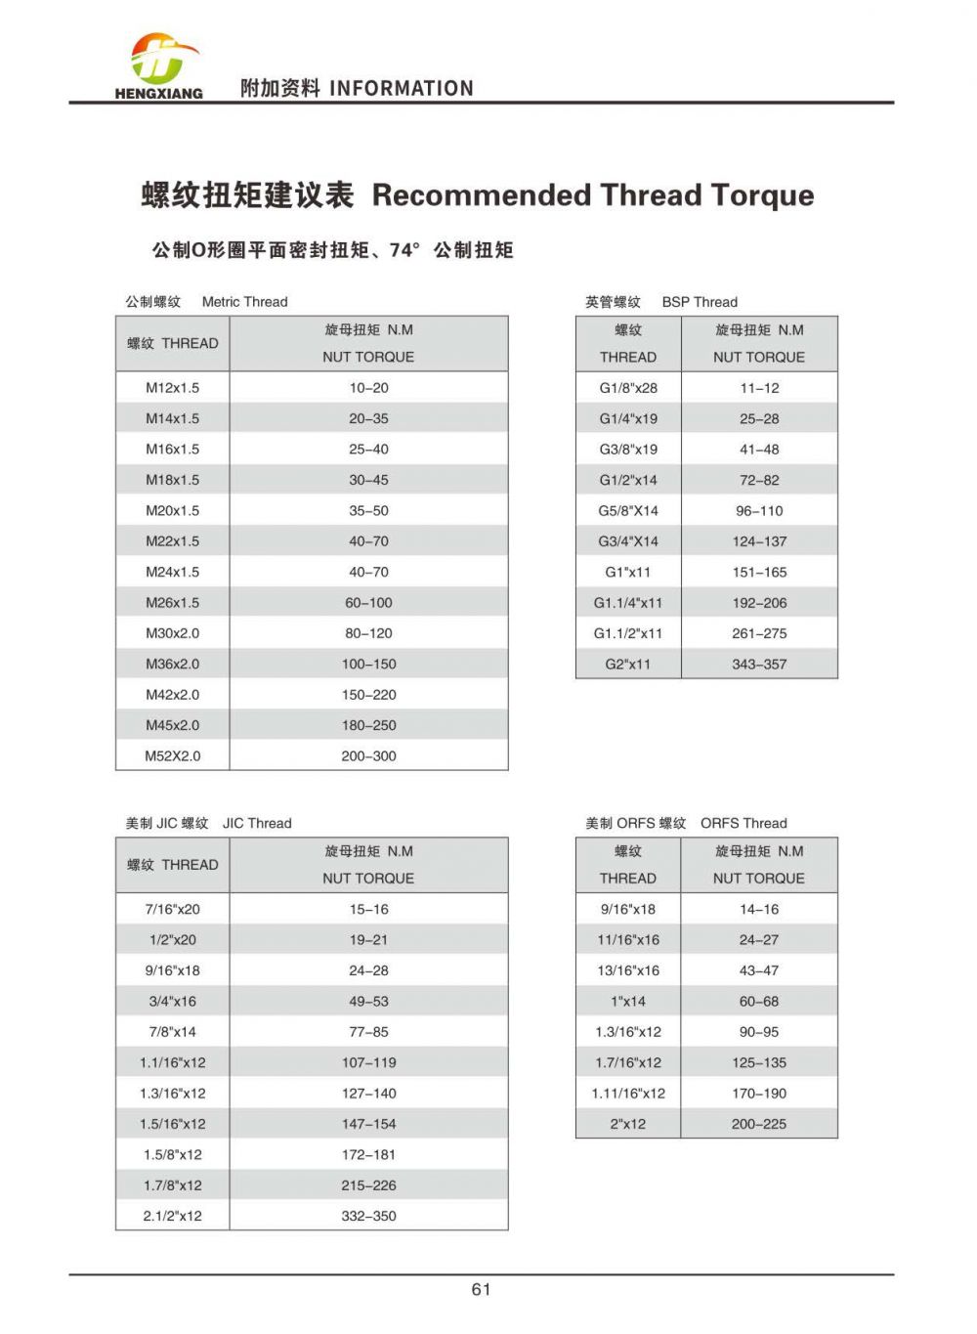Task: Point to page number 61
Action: tap(481, 1289)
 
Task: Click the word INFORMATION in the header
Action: tap(402, 89)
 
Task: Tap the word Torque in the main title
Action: tap(762, 195)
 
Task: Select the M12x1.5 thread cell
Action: tap(172, 388)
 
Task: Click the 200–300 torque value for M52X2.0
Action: tap(368, 756)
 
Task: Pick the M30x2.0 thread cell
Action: tap(172, 633)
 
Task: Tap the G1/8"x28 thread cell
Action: tap(628, 388)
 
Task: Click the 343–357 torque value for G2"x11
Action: tap(759, 665)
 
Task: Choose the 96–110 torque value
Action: tap(759, 511)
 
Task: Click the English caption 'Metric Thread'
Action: tap(244, 302)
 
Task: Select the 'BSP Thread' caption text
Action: tap(700, 302)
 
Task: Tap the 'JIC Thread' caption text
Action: tap(257, 823)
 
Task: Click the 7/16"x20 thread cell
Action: tap(172, 909)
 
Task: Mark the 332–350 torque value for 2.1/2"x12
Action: tap(368, 1216)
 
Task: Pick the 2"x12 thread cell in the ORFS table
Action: tap(628, 1124)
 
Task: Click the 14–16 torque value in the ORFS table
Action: tap(759, 909)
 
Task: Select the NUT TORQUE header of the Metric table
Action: tap(368, 357)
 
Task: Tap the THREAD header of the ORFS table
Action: tap(628, 878)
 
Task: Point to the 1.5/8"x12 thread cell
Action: tap(172, 1154)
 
